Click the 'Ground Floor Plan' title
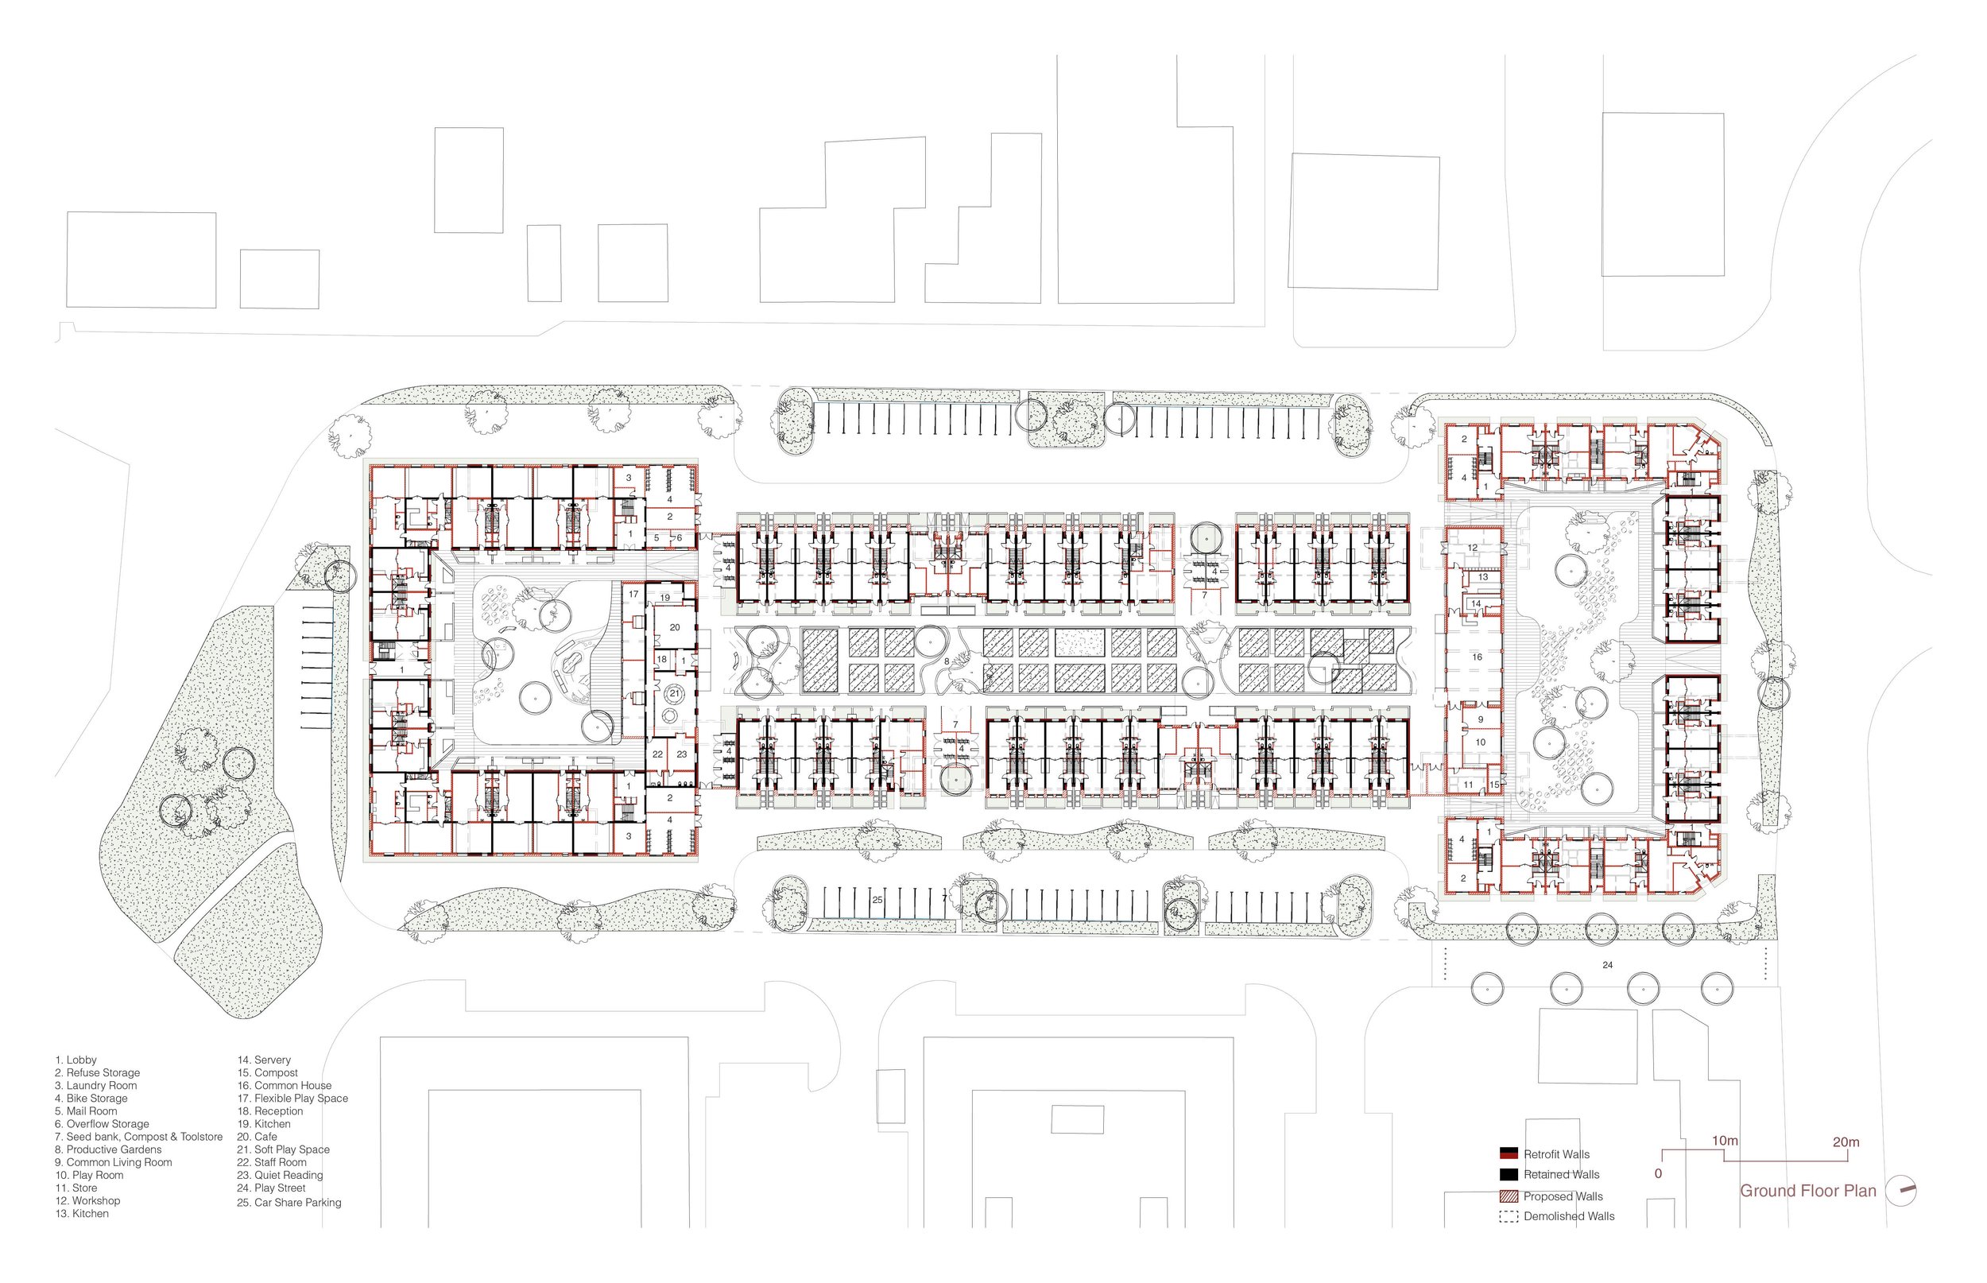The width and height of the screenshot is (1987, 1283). (1807, 1191)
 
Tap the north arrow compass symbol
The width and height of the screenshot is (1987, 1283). (1901, 1191)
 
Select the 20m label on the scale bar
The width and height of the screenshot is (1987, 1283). (1846, 1142)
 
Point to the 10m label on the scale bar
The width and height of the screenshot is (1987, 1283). (1725, 1141)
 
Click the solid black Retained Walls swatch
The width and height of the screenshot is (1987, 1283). (1509, 1175)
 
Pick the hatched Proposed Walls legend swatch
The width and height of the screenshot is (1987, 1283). (1509, 1196)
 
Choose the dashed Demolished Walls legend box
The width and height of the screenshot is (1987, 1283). (1509, 1216)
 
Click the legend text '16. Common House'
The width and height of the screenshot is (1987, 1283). (284, 1086)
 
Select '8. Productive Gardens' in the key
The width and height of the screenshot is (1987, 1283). (108, 1149)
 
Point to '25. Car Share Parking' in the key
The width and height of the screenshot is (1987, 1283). (289, 1202)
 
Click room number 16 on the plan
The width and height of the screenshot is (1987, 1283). (1477, 657)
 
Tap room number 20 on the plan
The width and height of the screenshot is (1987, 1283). (675, 627)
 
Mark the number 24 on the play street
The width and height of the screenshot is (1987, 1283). (1607, 965)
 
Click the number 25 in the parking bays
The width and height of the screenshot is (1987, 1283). (877, 900)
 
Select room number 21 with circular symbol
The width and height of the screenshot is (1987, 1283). (675, 693)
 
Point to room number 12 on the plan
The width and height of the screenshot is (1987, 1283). (1472, 548)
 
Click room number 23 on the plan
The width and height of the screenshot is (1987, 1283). (681, 754)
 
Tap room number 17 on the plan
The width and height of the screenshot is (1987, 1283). (633, 594)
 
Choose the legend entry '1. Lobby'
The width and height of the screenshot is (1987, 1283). (76, 1060)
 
